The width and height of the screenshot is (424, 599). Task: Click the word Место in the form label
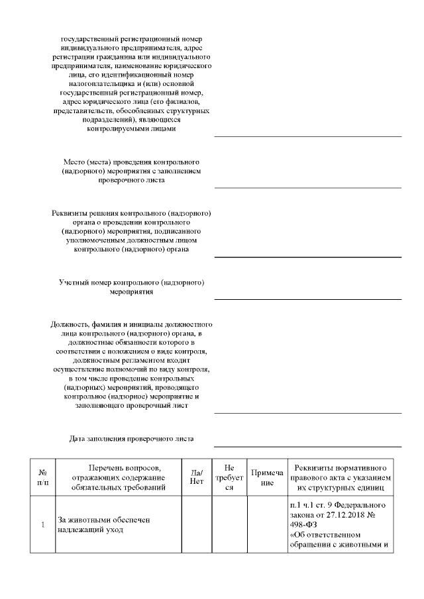coord(74,162)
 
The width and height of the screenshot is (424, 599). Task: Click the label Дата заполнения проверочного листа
coord(132,439)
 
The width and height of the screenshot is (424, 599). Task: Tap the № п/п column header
coord(42,477)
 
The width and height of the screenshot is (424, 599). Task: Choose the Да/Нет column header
coord(197,477)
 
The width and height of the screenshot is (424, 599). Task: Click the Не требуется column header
coord(229,477)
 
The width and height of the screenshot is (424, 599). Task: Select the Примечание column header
coord(266,478)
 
